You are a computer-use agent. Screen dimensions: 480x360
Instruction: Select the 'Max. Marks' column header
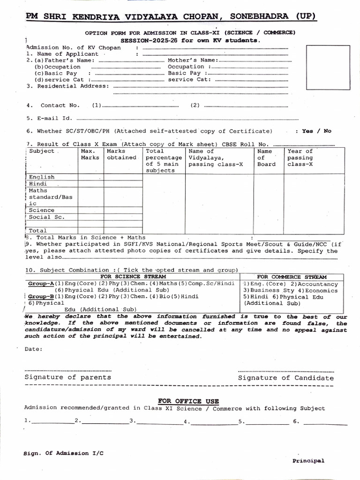click(x=90, y=154)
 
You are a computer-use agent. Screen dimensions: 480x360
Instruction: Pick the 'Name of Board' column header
click(x=267, y=157)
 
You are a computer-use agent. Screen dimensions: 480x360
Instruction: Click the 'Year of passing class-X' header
click(x=300, y=157)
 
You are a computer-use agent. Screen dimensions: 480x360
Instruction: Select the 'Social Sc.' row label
click(x=46, y=217)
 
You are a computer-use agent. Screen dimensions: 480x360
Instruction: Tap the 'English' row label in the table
click(x=42, y=177)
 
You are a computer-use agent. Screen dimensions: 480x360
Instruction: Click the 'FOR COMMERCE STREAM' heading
click(x=292, y=277)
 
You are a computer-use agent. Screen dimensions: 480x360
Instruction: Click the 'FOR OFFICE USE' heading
click(x=188, y=401)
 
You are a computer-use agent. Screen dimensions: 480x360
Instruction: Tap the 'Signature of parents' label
click(x=68, y=377)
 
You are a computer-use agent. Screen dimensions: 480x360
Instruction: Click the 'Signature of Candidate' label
click(x=286, y=378)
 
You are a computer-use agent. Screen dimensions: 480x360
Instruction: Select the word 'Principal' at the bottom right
click(x=308, y=461)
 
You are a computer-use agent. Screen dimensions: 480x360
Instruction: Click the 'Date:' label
click(x=33, y=349)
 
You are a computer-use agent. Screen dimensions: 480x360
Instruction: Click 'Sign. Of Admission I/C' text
click(x=63, y=453)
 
